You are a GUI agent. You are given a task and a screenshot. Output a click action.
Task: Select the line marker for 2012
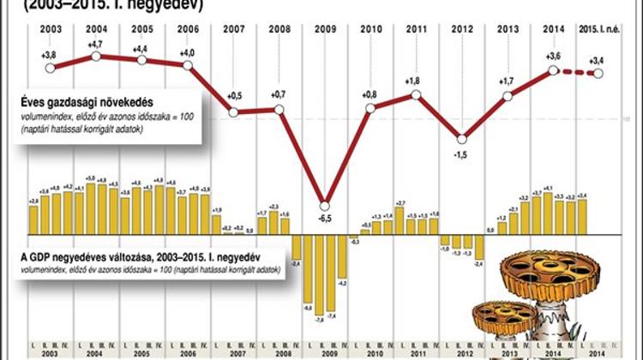click(x=462, y=139)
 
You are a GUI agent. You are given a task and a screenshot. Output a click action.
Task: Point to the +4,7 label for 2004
click(x=95, y=44)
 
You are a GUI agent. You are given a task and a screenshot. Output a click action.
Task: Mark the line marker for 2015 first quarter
click(x=598, y=74)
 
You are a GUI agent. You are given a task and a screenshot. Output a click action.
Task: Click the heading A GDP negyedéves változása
click(x=90, y=255)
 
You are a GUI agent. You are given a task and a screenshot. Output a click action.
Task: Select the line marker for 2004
click(x=95, y=57)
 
